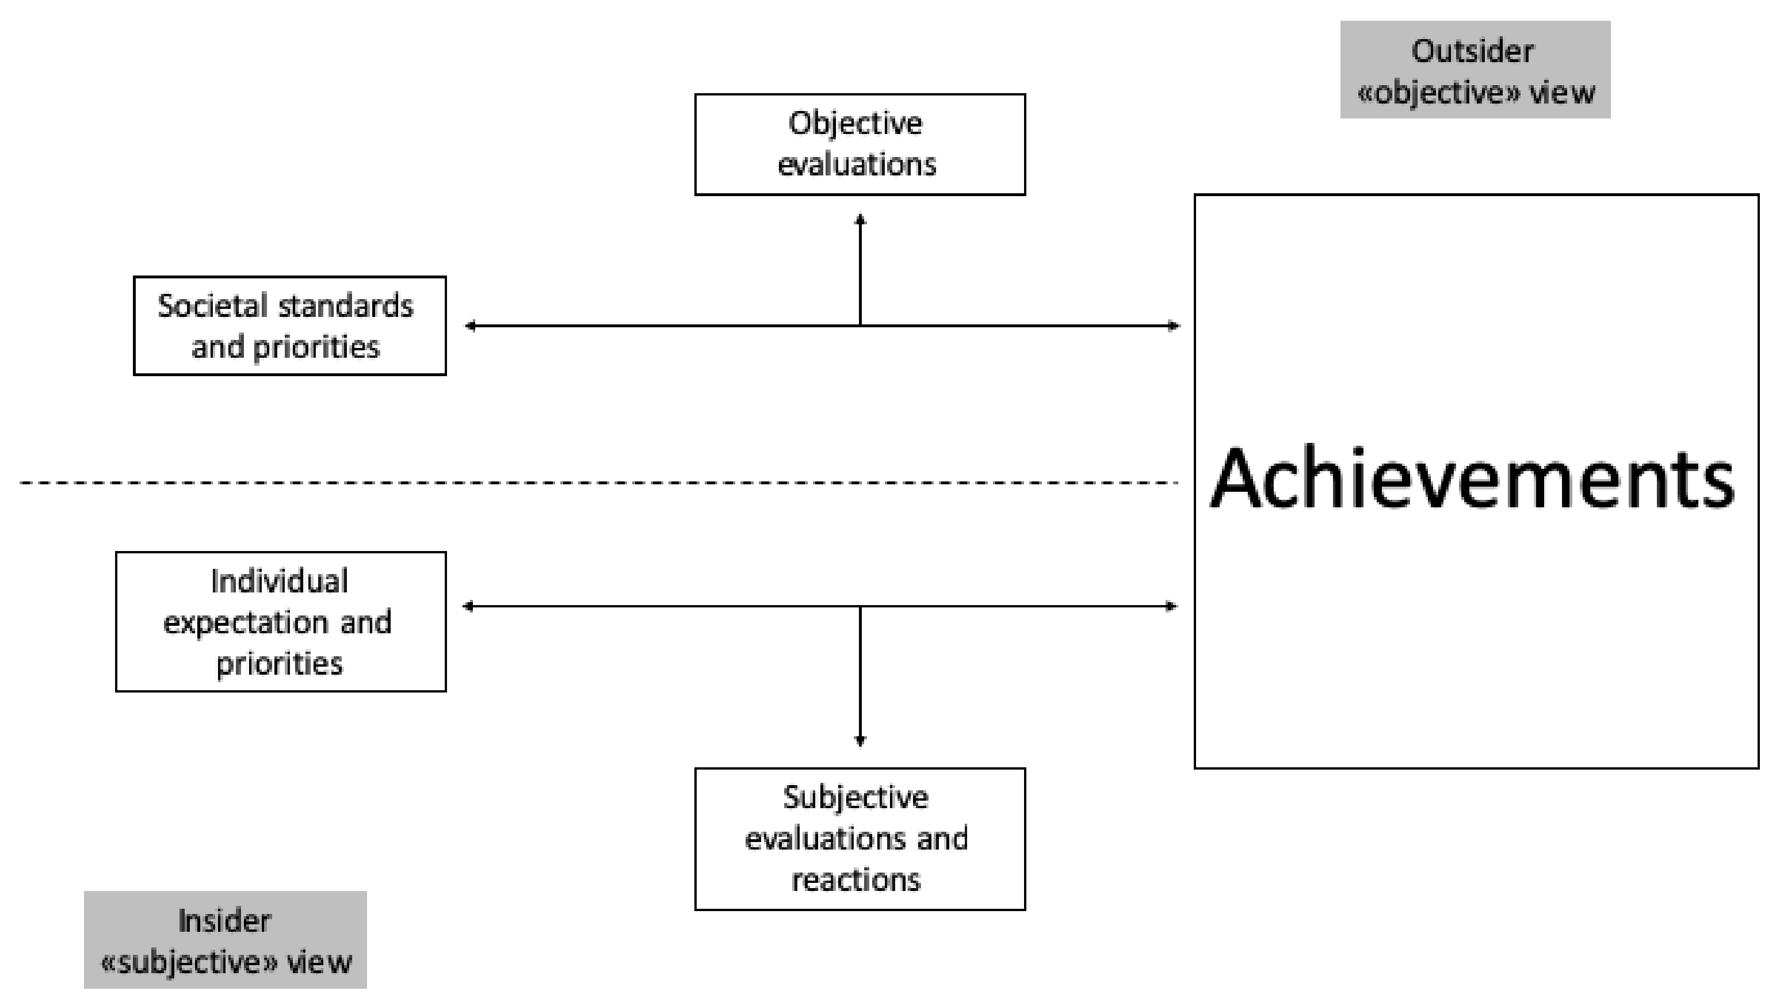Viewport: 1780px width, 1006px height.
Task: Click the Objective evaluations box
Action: [860, 144]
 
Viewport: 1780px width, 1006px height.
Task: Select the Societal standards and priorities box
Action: [289, 326]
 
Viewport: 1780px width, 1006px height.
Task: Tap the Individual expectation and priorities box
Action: [281, 621]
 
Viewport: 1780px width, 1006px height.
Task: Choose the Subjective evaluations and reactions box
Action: [860, 839]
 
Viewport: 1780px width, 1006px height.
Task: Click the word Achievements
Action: [1472, 479]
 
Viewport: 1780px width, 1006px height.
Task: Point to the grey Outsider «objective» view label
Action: [1475, 70]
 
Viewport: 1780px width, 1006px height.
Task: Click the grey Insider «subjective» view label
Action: [226, 940]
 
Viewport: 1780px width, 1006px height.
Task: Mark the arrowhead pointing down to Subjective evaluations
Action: [860, 741]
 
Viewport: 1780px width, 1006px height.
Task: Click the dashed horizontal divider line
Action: [594, 482]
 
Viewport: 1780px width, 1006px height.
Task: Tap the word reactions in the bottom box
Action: [855, 880]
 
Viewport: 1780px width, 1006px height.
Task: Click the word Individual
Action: [279, 582]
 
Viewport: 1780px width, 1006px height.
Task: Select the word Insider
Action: [224, 921]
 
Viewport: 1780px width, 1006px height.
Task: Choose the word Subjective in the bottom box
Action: [855, 798]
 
